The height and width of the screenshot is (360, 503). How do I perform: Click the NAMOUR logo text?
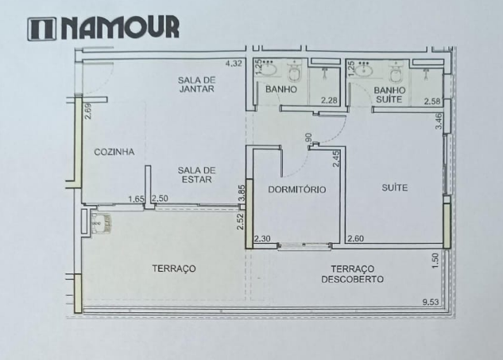[x=103, y=28]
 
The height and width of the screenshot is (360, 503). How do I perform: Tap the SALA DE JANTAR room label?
[x=197, y=84]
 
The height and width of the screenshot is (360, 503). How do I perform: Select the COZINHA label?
[x=114, y=152]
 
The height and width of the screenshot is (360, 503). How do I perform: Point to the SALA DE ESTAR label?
[x=197, y=175]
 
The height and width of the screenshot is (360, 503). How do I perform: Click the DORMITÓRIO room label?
[x=294, y=189]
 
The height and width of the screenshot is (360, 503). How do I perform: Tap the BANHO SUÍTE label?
[x=389, y=95]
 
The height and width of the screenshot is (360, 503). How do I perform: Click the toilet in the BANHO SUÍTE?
[x=395, y=74]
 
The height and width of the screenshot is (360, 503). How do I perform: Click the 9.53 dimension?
[x=431, y=302]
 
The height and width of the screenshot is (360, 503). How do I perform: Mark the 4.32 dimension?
[x=233, y=64]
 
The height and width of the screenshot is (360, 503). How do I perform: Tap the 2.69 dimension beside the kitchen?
[x=88, y=112]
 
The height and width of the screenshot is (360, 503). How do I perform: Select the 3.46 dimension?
[x=438, y=122]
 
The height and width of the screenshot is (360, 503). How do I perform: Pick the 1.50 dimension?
[x=435, y=261]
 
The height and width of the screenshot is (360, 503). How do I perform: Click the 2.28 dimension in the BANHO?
[x=328, y=101]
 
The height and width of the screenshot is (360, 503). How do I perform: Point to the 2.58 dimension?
[x=432, y=101]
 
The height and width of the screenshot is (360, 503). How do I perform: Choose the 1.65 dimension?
[x=137, y=199]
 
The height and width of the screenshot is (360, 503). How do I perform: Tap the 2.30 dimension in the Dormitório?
[x=262, y=238]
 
